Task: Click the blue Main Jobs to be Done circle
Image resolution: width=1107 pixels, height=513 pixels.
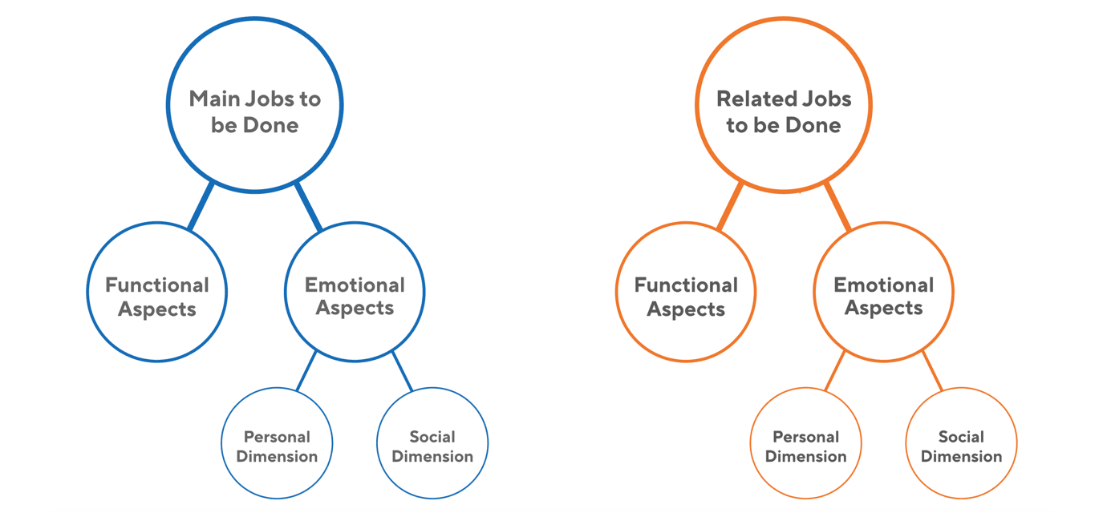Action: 254,105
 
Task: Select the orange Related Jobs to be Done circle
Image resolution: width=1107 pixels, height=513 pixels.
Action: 783,105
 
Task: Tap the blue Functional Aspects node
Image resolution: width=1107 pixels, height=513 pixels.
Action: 157,292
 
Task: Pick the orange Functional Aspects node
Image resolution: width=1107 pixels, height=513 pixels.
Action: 686,292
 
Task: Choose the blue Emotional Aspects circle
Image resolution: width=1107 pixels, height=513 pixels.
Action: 355,292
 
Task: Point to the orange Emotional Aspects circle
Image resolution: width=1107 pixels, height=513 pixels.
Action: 883,292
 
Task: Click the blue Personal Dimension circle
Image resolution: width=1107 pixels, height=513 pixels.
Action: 277,443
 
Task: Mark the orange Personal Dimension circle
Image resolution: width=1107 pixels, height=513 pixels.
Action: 805,443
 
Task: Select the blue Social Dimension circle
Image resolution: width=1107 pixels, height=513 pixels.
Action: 432,443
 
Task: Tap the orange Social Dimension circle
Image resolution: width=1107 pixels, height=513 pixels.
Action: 961,443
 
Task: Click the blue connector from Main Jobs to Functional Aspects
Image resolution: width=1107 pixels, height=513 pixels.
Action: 201,206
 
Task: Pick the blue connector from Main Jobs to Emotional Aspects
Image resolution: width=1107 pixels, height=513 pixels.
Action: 308,207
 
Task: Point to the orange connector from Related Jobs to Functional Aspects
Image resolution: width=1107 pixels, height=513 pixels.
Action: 730,206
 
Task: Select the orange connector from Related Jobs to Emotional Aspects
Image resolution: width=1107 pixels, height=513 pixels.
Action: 837,207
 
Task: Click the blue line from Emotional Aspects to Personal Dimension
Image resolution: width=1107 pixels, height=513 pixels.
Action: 306,371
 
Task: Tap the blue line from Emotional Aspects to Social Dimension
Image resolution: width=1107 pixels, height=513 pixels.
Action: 403,371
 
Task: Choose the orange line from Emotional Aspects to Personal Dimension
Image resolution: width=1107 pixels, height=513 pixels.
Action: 835,371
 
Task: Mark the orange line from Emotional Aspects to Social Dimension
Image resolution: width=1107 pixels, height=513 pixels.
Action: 931,371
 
